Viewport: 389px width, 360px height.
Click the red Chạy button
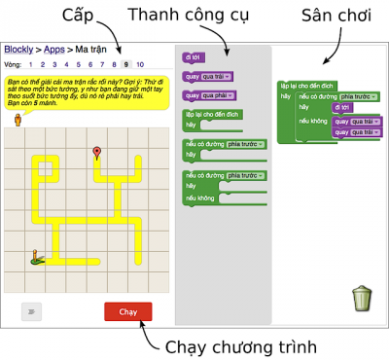coord(128,311)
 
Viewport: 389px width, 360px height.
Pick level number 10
coord(140,63)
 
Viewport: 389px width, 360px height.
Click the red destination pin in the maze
coord(96,153)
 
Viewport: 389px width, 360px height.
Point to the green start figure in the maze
coord(37,257)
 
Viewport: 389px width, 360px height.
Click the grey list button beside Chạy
coord(32,311)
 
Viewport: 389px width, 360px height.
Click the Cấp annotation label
coord(81,16)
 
